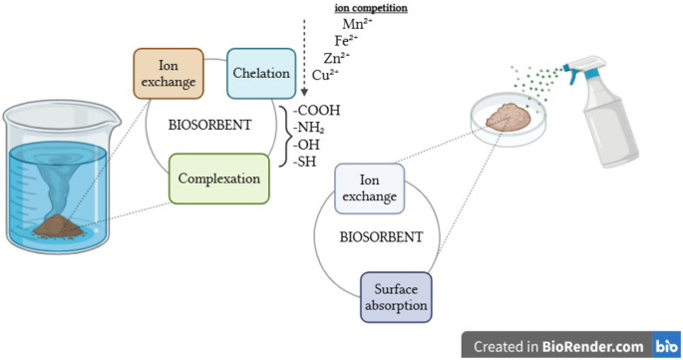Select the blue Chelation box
(x=261, y=74)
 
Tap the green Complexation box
(x=219, y=180)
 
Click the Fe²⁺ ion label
(x=345, y=41)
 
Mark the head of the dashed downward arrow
(x=303, y=92)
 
